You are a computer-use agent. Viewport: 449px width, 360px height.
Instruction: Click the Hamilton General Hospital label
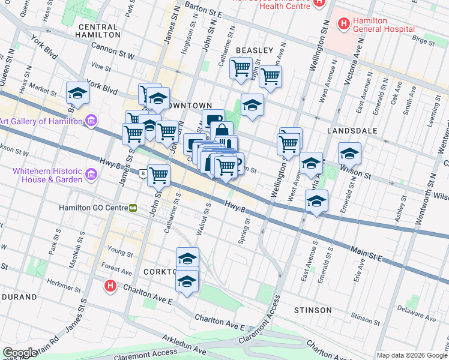384,24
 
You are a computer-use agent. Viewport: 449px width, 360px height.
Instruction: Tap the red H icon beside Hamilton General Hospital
344,24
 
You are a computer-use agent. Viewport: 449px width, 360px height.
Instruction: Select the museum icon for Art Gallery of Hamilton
91,121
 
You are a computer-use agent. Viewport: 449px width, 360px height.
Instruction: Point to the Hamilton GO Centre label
92,208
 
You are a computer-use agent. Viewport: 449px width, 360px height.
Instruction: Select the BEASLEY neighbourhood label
255,50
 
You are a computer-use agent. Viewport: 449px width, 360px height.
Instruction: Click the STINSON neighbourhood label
313,310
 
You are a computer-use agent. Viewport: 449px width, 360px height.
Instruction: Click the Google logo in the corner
20,353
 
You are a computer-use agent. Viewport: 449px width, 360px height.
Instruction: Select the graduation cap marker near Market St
77,93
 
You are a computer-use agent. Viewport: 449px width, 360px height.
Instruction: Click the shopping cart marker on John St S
158,175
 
